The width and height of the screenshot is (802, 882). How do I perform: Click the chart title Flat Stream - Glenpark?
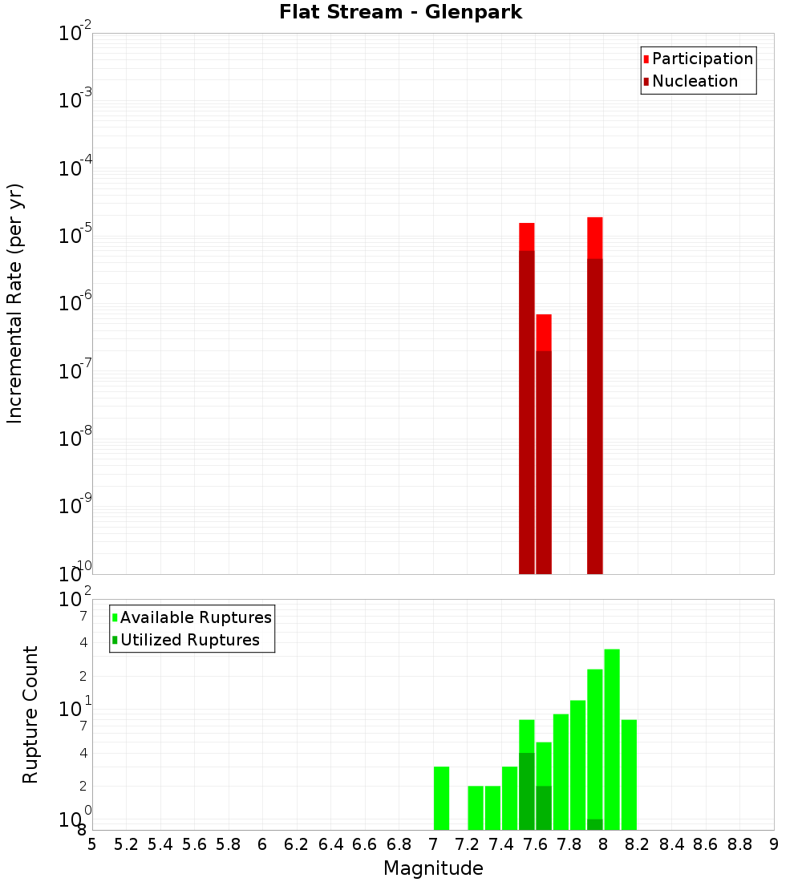pyautogui.click(x=400, y=12)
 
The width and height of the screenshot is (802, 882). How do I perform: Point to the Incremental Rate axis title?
pyautogui.click(x=15, y=303)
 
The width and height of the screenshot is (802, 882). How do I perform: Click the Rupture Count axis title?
pyautogui.click(x=30, y=714)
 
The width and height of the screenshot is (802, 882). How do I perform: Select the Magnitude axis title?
pyautogui.click(x=433, y=868)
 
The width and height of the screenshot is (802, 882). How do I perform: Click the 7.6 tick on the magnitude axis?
pyautogui.click(x=536, y=844)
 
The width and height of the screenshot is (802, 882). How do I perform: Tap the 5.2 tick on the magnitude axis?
pyautogui.click(x=126, y=844)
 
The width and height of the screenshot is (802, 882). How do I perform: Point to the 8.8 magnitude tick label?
pyautogui.click(x=740, y=844)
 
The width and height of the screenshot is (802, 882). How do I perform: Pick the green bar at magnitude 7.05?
pyautogui.click(x=441, y=798)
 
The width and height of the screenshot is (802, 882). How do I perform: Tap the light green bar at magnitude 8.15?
pyautogui.click(x=629, y=775)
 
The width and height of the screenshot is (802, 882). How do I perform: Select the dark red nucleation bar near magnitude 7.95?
pyautogui.click(x=595, y=416)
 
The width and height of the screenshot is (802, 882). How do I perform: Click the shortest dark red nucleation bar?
pyautogui.click(x=544, y=462)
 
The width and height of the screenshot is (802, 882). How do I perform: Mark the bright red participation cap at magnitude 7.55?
pyautogui.click(x=527, y=237)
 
